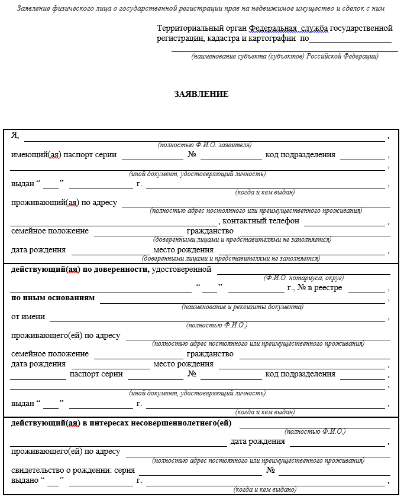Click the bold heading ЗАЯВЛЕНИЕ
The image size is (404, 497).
(201, 94)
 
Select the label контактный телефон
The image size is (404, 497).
(261, 221)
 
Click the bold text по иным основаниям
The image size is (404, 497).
(53, 298)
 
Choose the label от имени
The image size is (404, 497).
(28, 317)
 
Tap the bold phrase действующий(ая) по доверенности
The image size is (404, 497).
(80, 269)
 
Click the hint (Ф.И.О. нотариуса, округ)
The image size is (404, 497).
(303, 278)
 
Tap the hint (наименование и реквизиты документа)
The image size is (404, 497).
(243, 307)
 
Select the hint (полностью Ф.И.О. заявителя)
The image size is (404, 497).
(205, 145)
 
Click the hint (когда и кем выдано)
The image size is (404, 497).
(265, 489)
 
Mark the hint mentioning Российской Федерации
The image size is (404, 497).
(285, 56)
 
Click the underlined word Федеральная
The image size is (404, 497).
(273, 28)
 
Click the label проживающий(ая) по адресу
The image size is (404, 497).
(64, 203)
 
